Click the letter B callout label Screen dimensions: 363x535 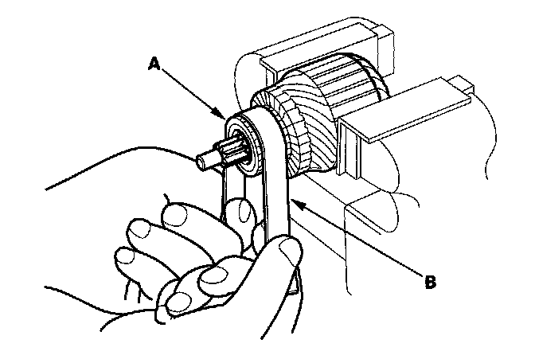pyautogui.click(x=431, y=281)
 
